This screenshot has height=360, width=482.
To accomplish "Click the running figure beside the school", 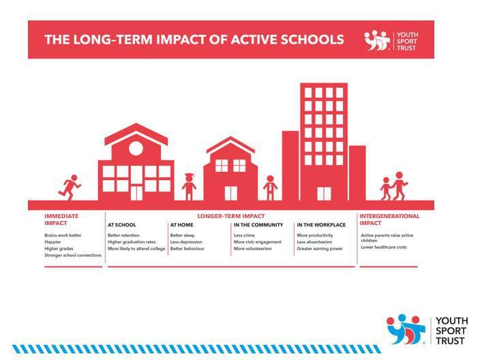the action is pos(70,187).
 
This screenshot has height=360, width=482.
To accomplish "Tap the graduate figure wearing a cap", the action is pos(189,187).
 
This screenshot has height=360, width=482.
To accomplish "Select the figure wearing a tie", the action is pos(270,187).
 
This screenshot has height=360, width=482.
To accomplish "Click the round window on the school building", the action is pos(136,149).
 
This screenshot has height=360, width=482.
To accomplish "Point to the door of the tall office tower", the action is pos(324,194).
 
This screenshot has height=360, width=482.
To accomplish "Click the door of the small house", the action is pos(230,193).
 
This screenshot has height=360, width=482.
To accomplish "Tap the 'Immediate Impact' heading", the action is pos(61,220).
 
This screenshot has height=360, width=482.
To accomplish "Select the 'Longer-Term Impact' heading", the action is pos(231,216).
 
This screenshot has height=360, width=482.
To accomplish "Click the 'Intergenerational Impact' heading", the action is pos(389,220).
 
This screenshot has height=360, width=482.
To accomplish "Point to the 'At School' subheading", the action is pos(122,225).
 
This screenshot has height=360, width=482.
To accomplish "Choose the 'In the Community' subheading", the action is pos(258,225).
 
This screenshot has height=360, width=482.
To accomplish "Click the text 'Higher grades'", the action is pos(59,248).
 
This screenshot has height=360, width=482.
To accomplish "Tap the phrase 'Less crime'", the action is pos(244,235).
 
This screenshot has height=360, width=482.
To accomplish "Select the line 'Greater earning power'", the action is pos(320,248).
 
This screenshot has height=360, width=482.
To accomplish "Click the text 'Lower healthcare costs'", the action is pos(384,247).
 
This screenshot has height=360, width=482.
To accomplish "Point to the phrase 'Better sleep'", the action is pos(182,235).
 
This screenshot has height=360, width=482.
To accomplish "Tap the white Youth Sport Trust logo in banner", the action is pos(391,41).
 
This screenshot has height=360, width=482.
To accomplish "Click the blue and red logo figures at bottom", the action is pos(406,329).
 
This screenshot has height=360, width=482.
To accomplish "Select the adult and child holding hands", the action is pos(394,186).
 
